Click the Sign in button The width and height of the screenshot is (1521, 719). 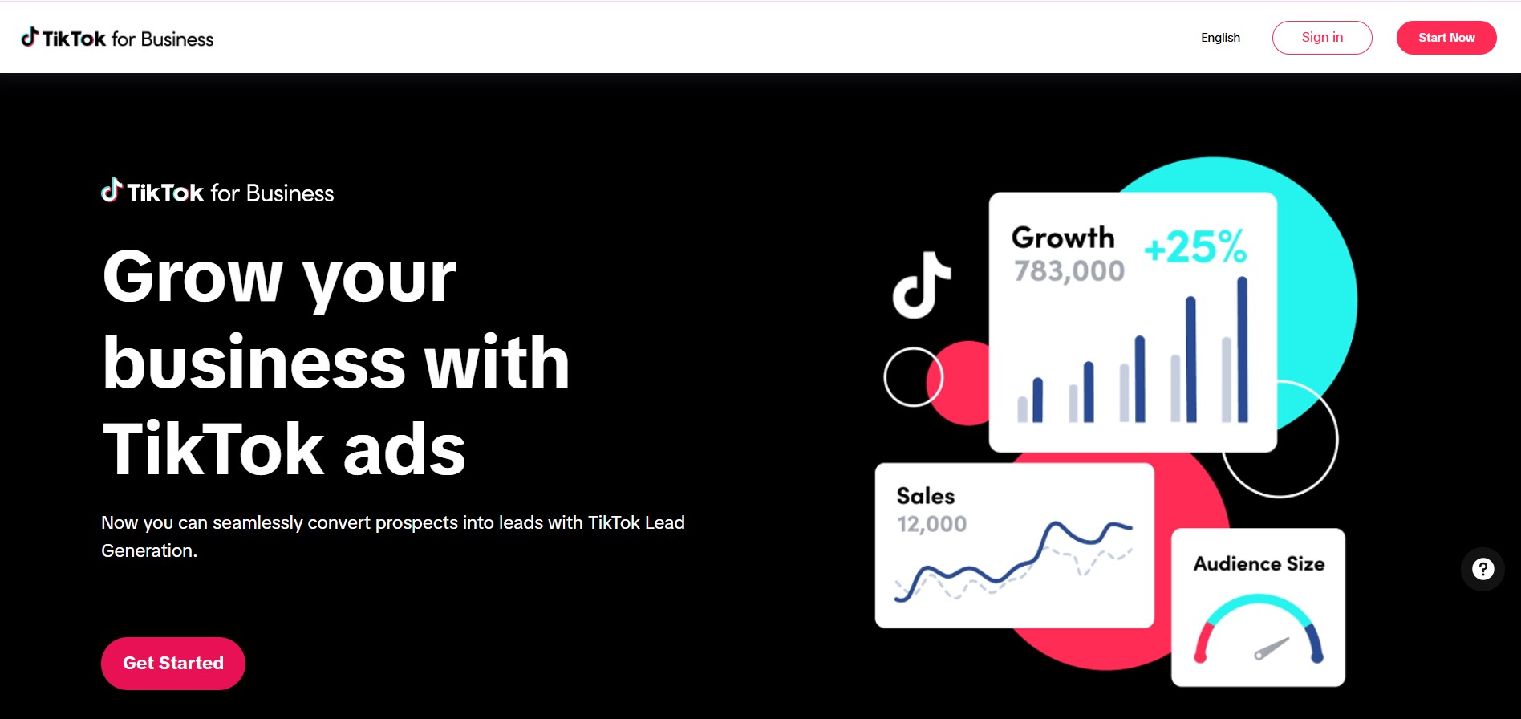pos(1322,38)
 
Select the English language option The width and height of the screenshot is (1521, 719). pos(1220,38)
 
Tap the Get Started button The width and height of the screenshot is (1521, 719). pos(173,664)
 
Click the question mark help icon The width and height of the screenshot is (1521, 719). pos(1482,569)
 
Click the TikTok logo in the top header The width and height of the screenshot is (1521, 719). pos(117,38)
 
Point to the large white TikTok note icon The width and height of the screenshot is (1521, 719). pos(922,285)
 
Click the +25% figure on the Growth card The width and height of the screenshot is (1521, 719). pos(1195,246)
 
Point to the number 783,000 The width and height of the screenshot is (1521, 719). pos(1069,271)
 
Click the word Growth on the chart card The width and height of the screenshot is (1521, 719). pos(1063,238)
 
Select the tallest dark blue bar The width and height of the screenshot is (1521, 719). pos(1243,349)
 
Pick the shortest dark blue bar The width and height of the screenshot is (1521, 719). pos(1037,400)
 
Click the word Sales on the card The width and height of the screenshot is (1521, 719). pos(926,496)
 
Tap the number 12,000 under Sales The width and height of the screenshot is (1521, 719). pos(931,524)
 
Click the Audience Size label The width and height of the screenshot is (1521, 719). pos(1259,564)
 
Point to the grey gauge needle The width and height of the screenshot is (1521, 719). pos(1272,648)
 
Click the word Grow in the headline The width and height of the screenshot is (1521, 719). pos(193,277)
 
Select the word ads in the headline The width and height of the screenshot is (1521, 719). pos(404,449)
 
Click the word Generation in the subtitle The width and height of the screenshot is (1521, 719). pos(149,551)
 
